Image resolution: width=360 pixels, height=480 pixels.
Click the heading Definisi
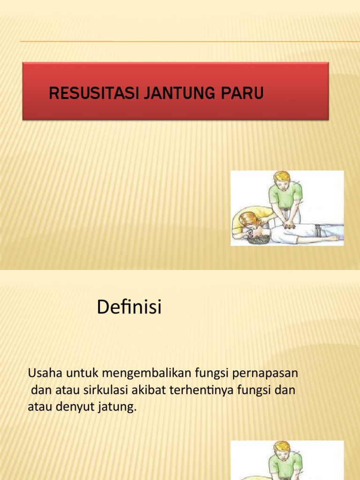129,307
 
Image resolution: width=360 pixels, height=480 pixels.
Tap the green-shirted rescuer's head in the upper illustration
283,180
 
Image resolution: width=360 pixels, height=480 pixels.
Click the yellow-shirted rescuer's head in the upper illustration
247,219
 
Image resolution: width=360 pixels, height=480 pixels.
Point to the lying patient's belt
319,230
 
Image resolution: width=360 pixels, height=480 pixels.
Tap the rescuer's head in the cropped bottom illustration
283,449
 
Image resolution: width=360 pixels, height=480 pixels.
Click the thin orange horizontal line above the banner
187,42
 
